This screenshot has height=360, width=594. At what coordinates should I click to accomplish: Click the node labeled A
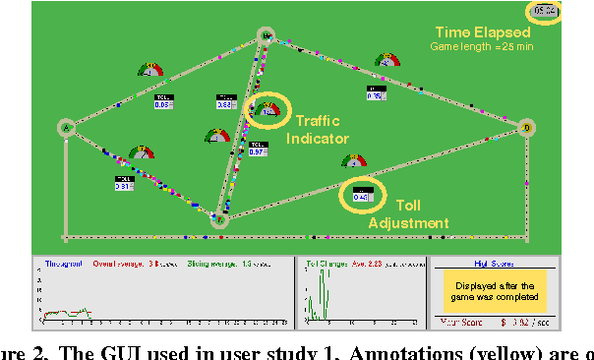67,127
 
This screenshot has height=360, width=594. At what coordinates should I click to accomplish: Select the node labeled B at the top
266,35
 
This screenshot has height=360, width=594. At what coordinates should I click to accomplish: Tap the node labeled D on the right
526,128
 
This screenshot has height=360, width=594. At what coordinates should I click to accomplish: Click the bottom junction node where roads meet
220,221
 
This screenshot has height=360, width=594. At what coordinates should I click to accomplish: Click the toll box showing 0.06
163,103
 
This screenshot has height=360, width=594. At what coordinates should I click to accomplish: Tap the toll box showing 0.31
124,183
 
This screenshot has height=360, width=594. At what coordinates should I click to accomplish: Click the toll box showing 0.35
375,93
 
